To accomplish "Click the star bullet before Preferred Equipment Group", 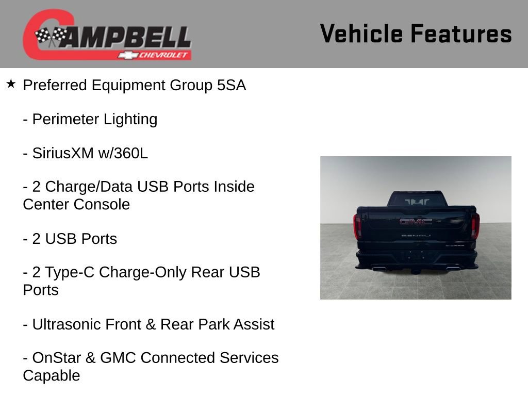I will (11, 84).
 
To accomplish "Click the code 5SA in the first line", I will (232, 85).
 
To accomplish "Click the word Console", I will (102, 204).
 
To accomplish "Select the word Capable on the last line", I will (52, 375).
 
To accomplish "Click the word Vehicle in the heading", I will (361, 34).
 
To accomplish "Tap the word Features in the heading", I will (461, 34).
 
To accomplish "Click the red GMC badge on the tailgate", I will (416, 222).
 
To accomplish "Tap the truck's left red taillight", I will (357, 225).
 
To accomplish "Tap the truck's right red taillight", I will (475, 225).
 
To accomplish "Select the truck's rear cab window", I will (417, 201).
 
